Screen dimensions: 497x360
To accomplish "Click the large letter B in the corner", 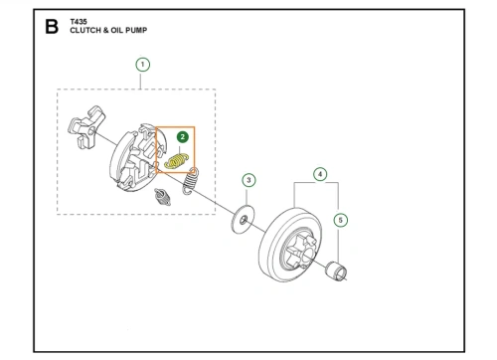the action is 52,27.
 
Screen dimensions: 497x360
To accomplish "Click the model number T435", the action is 79,22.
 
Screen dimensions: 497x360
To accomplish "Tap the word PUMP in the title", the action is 136,30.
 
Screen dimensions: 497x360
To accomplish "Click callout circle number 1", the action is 143,65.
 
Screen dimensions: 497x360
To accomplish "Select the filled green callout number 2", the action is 183,137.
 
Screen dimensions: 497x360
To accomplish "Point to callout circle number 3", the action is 248,180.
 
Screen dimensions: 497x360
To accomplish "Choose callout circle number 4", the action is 320,174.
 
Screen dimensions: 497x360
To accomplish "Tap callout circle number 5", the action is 341,220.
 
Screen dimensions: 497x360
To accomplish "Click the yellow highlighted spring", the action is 177,161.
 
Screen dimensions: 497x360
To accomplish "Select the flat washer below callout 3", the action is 243,219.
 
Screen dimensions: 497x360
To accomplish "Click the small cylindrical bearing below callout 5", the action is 336,271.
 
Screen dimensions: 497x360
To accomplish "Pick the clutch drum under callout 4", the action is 290,245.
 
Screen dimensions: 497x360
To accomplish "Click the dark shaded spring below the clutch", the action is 162,197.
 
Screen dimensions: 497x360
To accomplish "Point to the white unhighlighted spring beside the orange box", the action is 191,181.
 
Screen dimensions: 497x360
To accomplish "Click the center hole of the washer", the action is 244,220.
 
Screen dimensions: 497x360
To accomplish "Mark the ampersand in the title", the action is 105,30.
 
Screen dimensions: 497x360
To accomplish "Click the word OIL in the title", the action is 117,30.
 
